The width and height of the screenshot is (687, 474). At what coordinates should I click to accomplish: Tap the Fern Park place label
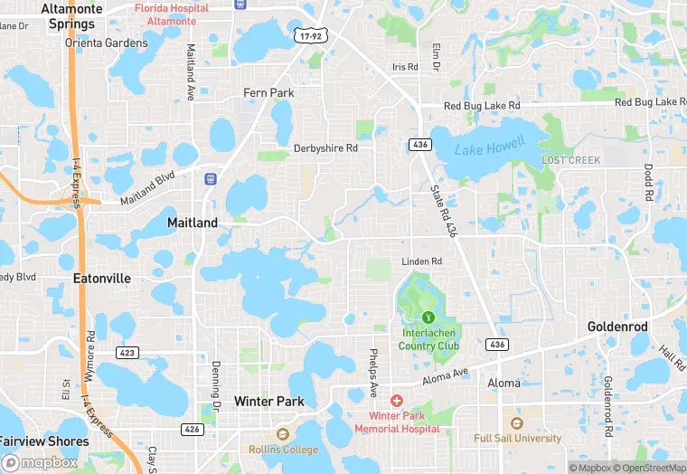click(x=269, y=92)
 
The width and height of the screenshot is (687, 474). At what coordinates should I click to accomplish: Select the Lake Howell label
click(x=488, y=149)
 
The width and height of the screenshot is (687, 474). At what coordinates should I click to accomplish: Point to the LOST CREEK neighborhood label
click(x=570, y=160)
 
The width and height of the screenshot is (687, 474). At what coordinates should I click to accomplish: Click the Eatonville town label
click(x=102, y=278)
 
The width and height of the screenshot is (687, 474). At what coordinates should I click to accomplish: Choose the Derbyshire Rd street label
click(x=325, y=147)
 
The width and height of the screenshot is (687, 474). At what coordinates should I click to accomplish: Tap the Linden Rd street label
click(x=422, y=261)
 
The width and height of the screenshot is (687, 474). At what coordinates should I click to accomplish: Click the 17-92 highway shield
click(x=308, y=33)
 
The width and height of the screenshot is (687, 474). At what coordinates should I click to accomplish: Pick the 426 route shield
click(x=191, y=429)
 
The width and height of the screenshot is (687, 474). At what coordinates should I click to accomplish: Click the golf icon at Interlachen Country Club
click(x=428, y=318)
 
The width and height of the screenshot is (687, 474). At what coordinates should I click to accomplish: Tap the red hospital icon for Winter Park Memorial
click(x=396, y=400)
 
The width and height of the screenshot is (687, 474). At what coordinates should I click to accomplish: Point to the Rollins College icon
click(x=283, y=434)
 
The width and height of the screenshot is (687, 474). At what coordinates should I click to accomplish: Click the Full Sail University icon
click(x=517, y=422)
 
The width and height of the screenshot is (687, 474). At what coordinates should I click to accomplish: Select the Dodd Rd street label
click(x=648, y=182)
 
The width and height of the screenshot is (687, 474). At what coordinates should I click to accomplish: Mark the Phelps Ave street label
click(x=372, y=373)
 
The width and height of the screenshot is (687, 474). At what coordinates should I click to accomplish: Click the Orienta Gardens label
click(x=106, y=43)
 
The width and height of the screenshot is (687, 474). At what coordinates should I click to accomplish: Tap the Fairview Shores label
click(x=44, y=441)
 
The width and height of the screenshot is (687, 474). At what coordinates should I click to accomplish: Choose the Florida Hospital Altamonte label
click(x=172, y=14)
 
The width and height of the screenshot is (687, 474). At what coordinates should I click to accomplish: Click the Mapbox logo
click(x=40, y=462)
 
